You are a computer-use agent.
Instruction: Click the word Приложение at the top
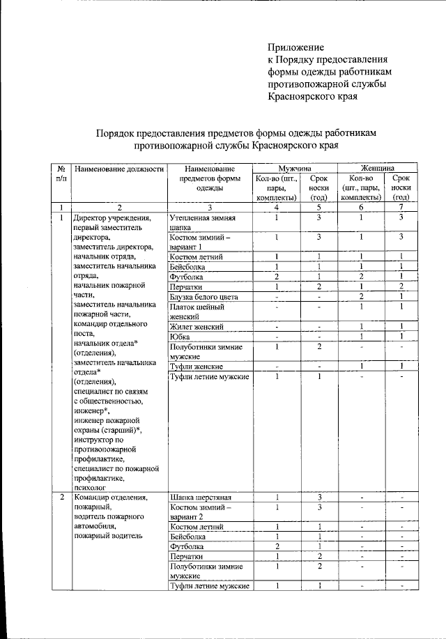click(296, 47)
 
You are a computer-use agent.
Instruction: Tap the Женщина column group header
click(378, 169)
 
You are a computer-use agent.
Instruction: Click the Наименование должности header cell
click(120, 169)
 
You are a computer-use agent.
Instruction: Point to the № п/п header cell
click(61, 174)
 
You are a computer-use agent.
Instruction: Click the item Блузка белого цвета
click(203, 297)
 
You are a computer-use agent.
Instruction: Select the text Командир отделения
click(110, 498)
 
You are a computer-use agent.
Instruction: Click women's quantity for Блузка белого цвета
click(360, 297)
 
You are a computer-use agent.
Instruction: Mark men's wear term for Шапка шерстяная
click(318, 498)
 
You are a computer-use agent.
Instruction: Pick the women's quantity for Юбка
click(360, 337)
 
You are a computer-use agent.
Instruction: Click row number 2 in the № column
click(61, 498)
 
